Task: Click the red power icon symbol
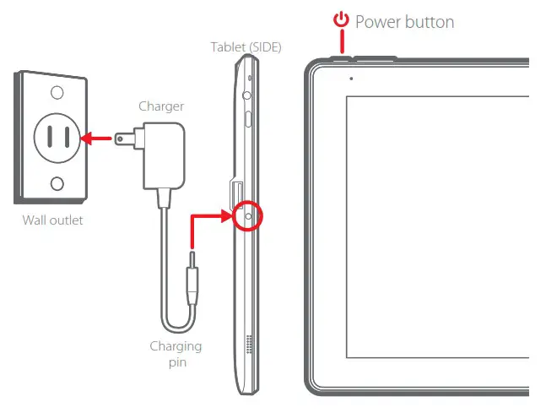pyautogui.click(x=341, y=20)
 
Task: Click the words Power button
pyautogui.click(x=404, y=21)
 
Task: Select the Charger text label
pyautogui.click(x=160, y=106)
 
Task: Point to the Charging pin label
pyautogui.click(x=176, y=353)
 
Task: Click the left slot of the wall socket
pyautogui.click(x=48, y=136)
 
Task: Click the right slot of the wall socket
pyautogui.click(x=65, y=136)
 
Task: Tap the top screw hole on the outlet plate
pyautogui.click(x=57, y=92)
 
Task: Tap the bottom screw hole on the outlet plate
pyautogui.click(x=57, y=183)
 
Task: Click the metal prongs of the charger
pyautogui.click(x=127, y=136)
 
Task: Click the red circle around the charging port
pyautogui.click(x=248, y=216)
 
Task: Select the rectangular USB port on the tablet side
pyautogui.click(x=237, y=193)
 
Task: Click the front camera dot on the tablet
pyautogui.click(x=350, y=78)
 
